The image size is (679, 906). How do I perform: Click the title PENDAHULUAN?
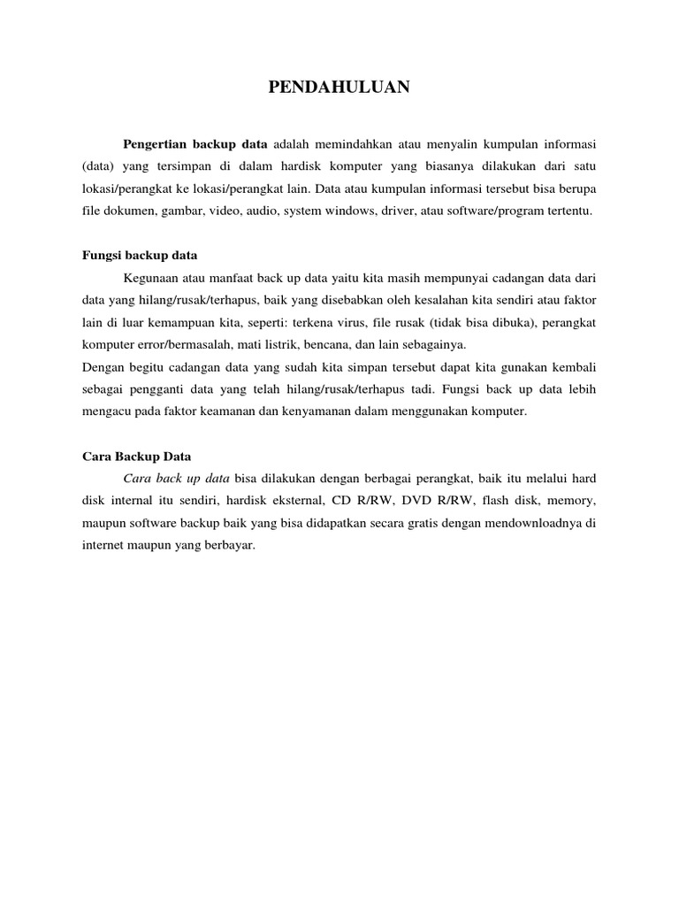click(x=339, y=87)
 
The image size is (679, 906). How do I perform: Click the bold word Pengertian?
click(x=158, y=143)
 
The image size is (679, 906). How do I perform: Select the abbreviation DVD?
click(x=393, y=501)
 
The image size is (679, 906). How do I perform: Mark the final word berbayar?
click(x=230, y=545)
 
